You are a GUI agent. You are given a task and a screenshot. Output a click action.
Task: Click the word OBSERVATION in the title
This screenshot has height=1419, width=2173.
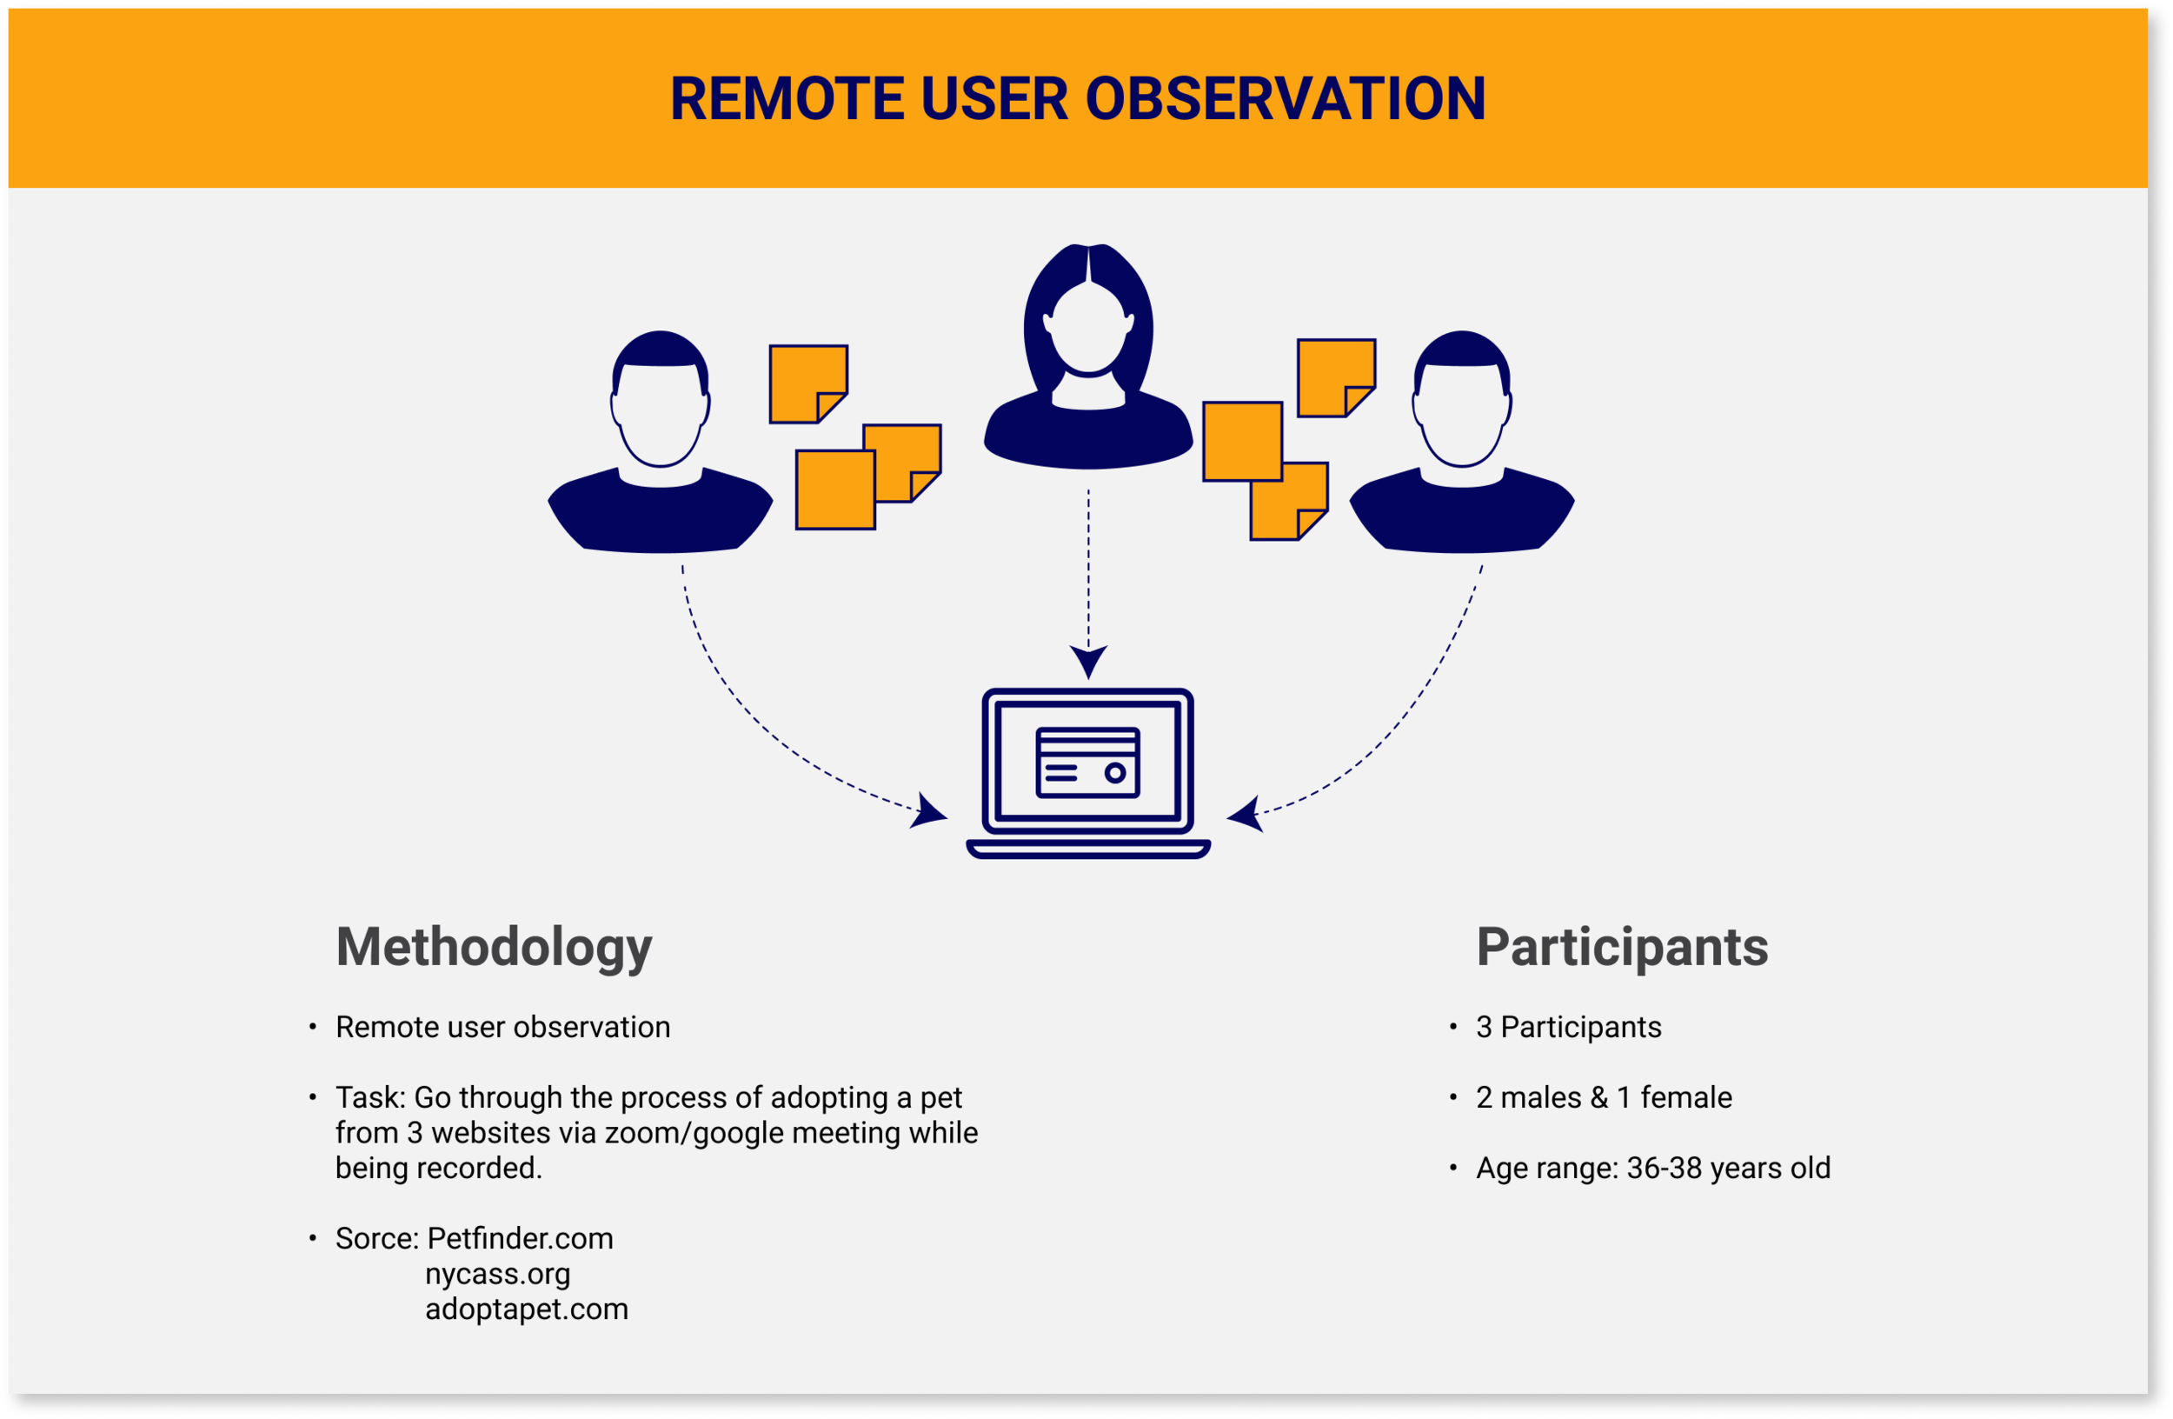coord(1285,98)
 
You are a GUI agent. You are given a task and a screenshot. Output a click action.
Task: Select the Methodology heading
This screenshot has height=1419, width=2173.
coord(494,947)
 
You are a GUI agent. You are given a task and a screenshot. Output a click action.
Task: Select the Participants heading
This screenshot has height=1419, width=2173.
coord(1622,947)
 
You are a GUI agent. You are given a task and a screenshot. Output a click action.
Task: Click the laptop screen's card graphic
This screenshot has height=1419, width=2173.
coord(1087,762)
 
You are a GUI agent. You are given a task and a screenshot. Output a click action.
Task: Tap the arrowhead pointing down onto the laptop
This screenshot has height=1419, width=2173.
coord(1088,659)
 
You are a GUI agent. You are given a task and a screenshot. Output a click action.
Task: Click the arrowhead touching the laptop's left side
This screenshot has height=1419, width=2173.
coord(928,811)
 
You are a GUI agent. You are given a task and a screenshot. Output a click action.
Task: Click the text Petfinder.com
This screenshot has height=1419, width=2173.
coord(520,1238)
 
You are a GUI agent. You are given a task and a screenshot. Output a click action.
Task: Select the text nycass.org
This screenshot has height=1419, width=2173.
coord(497,1274)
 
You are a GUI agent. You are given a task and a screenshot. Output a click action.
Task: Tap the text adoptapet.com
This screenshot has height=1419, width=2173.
coord(527,1309)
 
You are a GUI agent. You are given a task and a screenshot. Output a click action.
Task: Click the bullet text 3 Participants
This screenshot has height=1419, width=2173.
coord(1569,1027)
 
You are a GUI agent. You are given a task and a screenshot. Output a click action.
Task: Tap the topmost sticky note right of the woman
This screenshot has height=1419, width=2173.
coord(1335,377)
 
